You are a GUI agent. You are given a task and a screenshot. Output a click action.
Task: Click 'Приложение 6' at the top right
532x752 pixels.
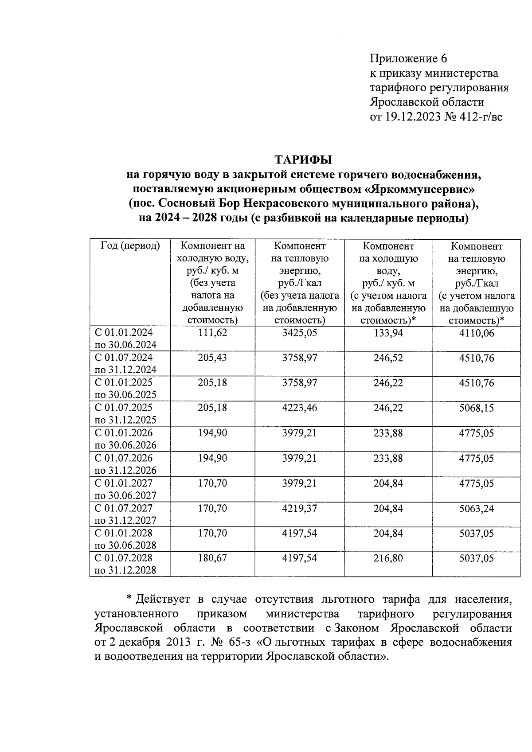pos(408,58)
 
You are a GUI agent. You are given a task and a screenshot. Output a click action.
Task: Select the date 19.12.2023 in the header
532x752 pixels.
pos(413,117)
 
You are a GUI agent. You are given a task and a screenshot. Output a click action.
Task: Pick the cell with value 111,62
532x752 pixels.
pos(212,333)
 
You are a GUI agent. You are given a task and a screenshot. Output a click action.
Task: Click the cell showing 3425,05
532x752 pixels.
pos(300,333)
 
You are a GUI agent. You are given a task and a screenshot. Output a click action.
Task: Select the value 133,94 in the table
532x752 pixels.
pos(388,333)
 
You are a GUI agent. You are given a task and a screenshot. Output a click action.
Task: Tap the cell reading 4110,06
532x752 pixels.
pos(477,333)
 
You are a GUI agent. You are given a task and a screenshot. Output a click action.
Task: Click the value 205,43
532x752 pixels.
pos(212,358)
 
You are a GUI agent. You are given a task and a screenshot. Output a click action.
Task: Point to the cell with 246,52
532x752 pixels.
pos(388,358)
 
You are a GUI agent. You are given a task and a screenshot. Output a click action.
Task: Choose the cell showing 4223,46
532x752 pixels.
pos(300,408)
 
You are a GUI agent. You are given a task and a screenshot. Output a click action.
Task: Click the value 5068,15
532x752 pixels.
pos(477,408)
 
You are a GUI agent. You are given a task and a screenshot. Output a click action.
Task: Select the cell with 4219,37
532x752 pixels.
pos(300,508)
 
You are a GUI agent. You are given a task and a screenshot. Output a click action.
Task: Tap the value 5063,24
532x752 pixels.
pos(477,508)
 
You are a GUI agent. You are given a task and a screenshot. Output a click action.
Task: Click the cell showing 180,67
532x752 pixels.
pos(212,558)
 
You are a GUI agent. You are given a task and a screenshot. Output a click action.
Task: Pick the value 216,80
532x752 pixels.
pos(388,558)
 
